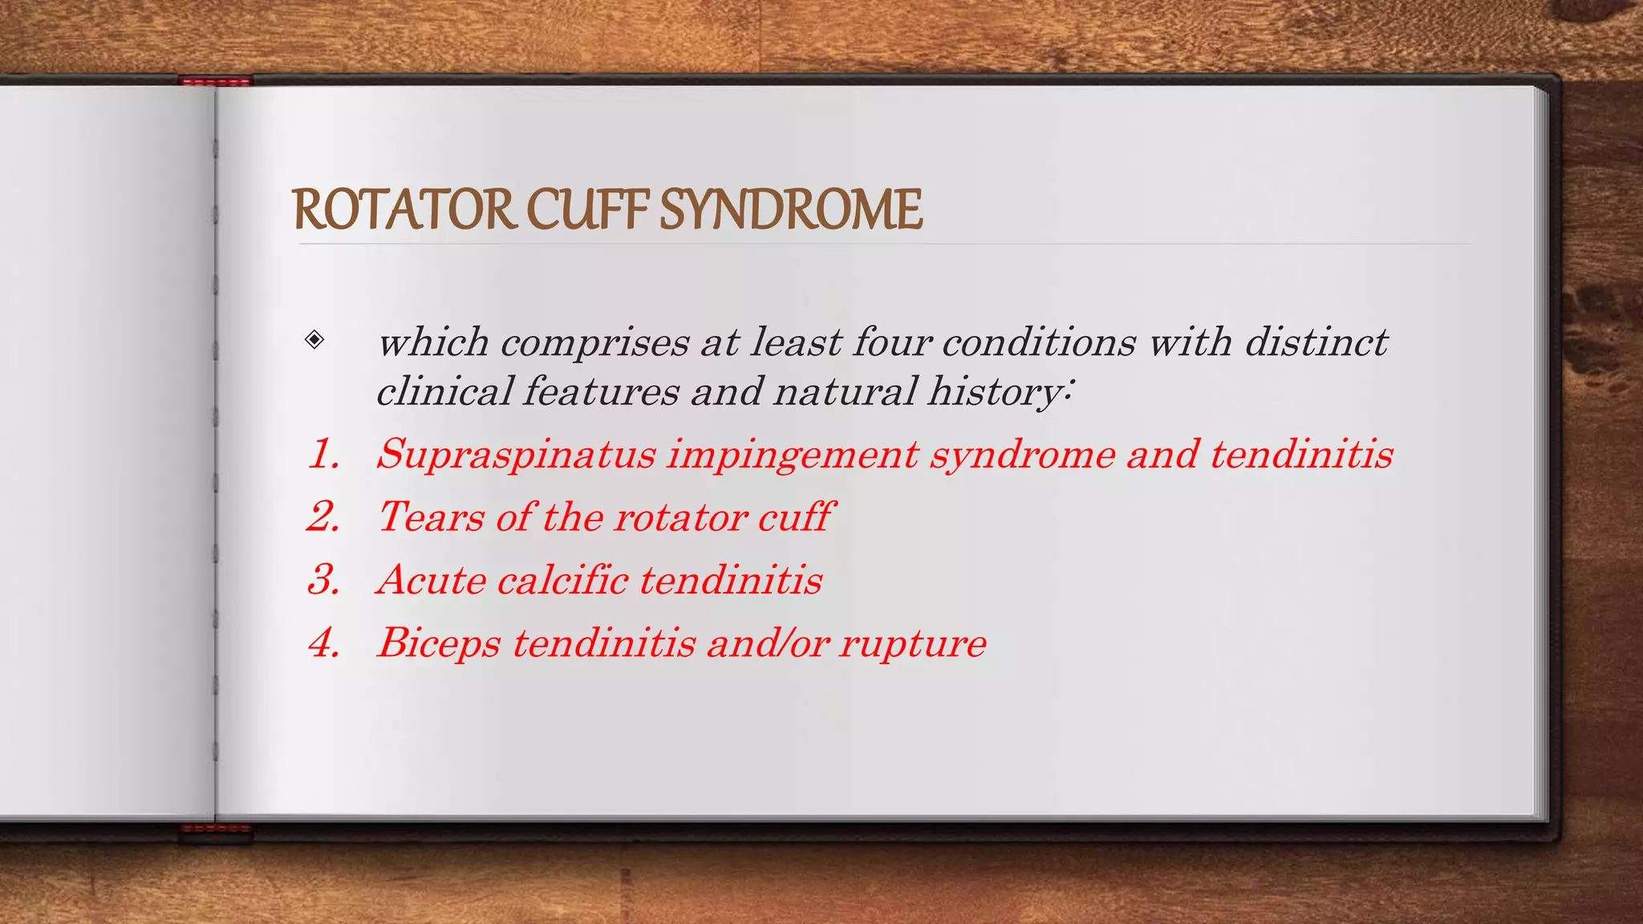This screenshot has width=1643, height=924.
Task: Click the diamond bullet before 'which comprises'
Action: coord(314,339)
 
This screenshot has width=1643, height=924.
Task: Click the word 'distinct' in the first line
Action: coord(1316,342)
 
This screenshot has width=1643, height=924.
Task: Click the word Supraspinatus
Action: coord(517,455)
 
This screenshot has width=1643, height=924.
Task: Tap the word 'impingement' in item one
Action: coord(793,455)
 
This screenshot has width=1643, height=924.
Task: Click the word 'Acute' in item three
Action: coord(431,579)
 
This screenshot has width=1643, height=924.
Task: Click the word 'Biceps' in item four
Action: coord(439,643)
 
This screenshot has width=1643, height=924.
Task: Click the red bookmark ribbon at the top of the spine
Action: coord(216,81)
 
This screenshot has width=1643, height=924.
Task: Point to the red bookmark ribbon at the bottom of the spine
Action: coord(215,830)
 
